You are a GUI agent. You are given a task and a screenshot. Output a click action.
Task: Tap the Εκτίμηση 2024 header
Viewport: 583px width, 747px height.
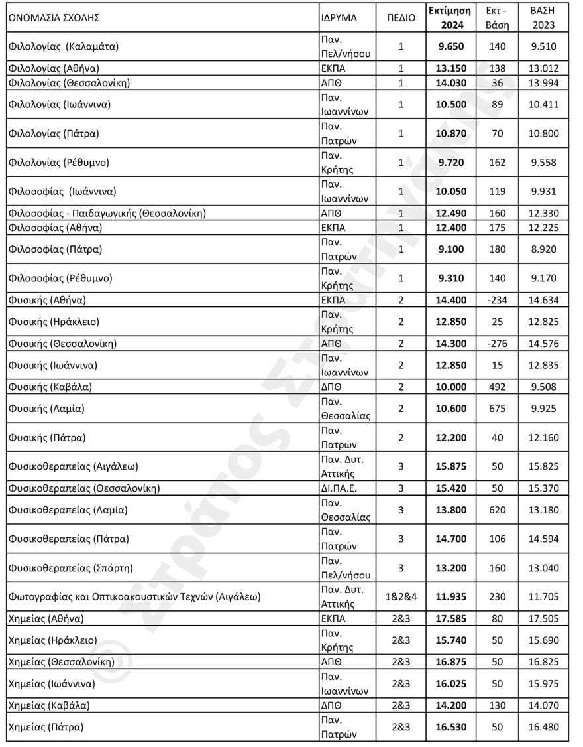(x=449, y=18)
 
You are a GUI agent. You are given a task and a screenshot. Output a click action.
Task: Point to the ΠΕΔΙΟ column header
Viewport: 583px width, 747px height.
(x=401, y=18)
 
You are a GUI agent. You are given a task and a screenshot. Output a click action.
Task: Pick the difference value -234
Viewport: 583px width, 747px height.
(x=496, y=300)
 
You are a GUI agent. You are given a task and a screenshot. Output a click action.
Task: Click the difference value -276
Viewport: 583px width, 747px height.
(x=496, y=344)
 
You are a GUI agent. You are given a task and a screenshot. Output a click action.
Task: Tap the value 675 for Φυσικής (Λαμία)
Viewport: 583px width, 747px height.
(x=496, y=409)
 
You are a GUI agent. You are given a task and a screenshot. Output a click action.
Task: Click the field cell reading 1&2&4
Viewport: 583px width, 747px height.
(x=401, y=596)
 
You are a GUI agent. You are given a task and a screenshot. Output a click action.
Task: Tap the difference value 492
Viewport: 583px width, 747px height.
(x=496, y=387)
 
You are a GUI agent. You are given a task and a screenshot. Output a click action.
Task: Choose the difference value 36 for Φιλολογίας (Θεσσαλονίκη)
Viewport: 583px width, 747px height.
(x=496, y=83)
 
